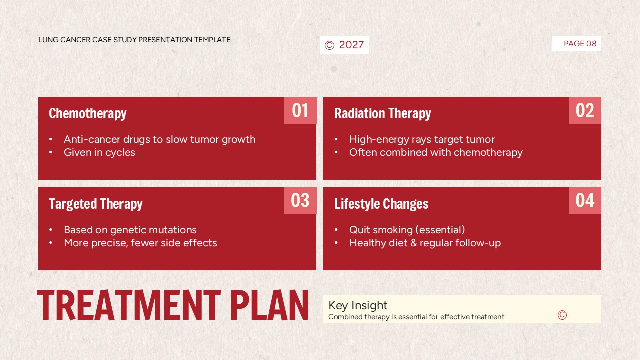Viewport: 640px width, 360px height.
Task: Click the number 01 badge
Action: pyautogui.click(x=300, y=110)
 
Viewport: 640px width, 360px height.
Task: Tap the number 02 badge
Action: pyautogui.click(x=585, y=110)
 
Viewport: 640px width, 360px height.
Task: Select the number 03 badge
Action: pyautogui.click(x=300, y=200)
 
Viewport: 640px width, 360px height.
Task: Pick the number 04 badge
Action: pyautogui.click(x=585, y=200)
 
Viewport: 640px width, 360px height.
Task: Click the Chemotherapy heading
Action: pyautogui.click(x=88, y=113)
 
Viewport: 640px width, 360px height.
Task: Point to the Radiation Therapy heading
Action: pyautogui.click(x=382, y=113)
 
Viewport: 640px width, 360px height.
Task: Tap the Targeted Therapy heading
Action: pyautogui.click(x=96, y=204)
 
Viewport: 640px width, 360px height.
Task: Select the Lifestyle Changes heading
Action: pyautogui.click(x=381, y=204)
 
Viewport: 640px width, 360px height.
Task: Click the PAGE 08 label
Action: pyautogui.click(x=580, y=44)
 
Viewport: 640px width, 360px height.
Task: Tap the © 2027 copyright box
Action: pyautogui.click(x=344, y=45)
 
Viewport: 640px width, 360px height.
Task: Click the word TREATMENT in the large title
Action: pyautogui.click(x=129, y=305)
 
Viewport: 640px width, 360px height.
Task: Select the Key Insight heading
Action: pyautogui.click(x=358, y=305)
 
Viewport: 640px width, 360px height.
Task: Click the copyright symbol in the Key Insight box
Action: pyautogui.click(x=562, y=315)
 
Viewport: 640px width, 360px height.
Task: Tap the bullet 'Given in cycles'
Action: pyautogui.click(x=99, y=152)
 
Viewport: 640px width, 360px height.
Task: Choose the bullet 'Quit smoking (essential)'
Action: pyautogui.click(x=407, y=230)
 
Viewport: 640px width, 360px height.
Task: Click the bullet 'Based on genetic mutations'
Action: pyautogui.click(x=130, y=230)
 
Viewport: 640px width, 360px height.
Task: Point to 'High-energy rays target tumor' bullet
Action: pyautogui.click(x=422, y=139)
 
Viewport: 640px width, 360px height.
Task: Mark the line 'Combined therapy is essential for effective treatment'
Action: pyautogui.click(x=416, y=317)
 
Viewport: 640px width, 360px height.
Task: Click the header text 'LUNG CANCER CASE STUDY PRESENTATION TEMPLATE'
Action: pyautogui.click(x=134, y=40)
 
